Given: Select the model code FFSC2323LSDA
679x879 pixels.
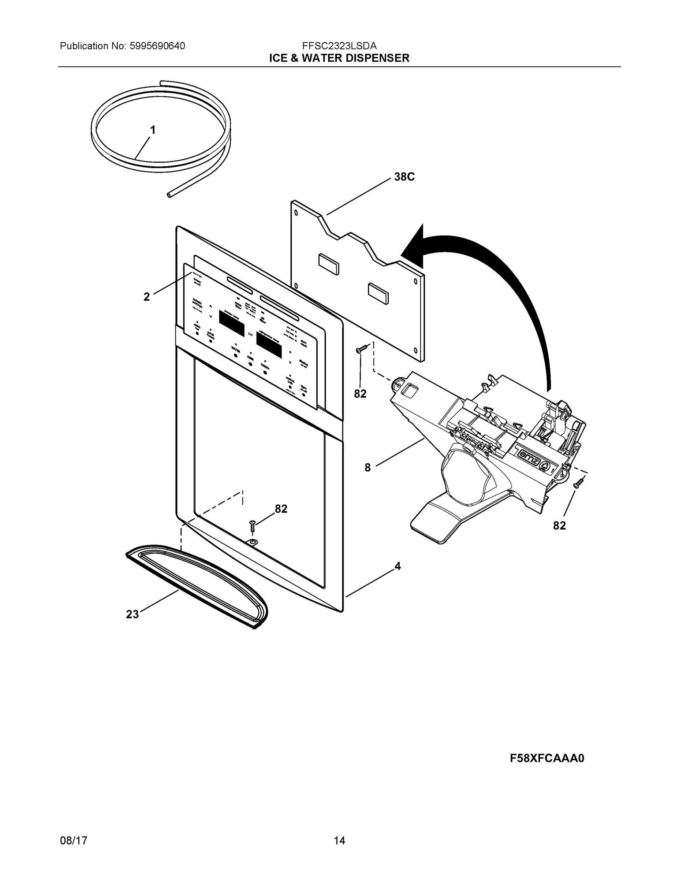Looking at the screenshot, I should tap(339, 46).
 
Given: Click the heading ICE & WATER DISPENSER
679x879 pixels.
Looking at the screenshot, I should tap(339, 58).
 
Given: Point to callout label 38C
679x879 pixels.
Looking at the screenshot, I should tap(404, 177).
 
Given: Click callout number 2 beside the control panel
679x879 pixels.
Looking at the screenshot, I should tap(146, 297).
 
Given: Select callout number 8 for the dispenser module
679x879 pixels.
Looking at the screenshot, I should tap(367, 468).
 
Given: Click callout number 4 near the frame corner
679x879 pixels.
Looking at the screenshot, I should tap(398, 566).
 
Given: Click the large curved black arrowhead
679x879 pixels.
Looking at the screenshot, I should tap(414, 248).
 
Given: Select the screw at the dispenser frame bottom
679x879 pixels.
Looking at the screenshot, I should tap(252, 525).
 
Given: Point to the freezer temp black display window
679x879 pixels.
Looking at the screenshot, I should tap(232, 324).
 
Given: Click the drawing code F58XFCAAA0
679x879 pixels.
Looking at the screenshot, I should tap(546, 758).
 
